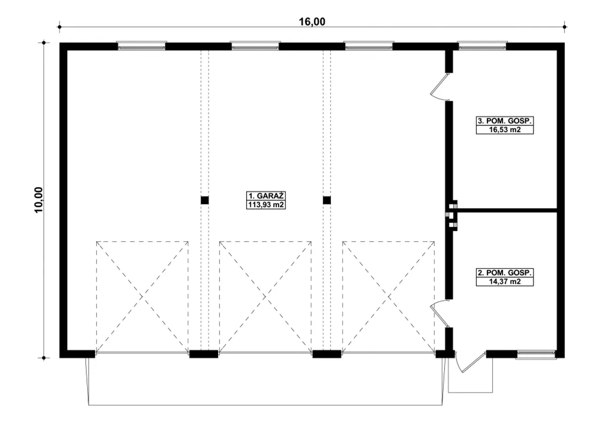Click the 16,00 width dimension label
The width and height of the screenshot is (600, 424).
coord(312,22)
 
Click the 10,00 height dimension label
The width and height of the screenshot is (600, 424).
coord(38,200)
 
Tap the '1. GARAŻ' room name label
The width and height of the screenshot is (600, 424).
coord(266,196)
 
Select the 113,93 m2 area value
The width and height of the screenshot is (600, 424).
coord(266,205)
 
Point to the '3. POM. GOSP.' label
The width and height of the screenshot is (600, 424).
coord(505,121)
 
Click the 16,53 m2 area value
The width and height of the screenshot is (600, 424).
coord(505,130)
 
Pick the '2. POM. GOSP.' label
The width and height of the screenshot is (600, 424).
coord(505,273)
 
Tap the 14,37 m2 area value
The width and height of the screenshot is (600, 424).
coord(505,282)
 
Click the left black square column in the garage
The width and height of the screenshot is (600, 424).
coord(205,200)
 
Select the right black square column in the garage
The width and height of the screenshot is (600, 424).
coord(327,200)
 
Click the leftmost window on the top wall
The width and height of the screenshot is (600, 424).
coord(142,46)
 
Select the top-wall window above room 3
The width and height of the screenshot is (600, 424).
coord(482,46)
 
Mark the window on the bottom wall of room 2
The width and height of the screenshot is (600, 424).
coord(536,354)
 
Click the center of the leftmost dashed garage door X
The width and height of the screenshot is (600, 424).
coord(142,297)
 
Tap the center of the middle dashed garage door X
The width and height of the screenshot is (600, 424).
coord(265,297)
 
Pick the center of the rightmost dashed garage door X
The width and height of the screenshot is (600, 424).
coord(389,297)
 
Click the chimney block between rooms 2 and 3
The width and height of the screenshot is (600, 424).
coord(451,216)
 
